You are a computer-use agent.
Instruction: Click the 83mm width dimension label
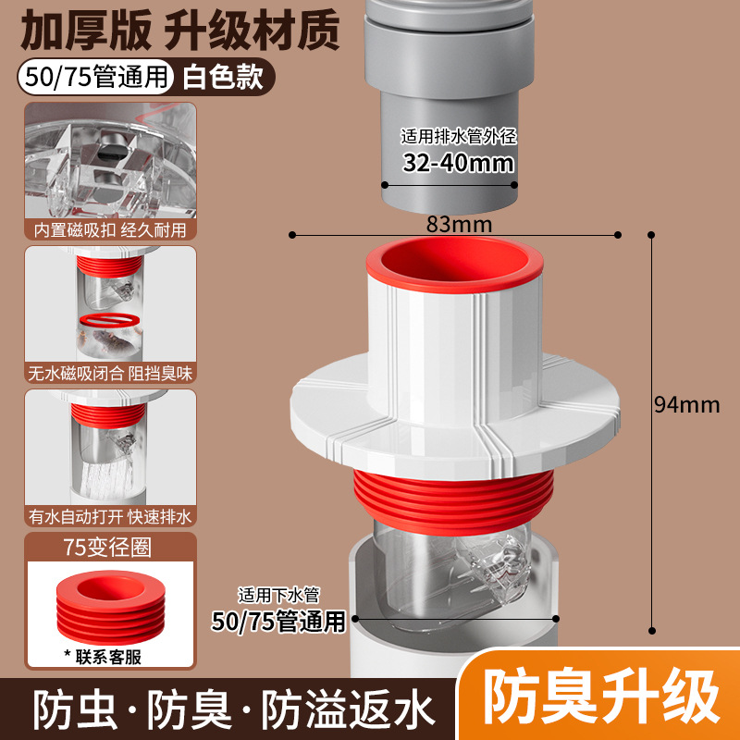[459, 224]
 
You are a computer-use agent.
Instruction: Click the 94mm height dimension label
[686, 405]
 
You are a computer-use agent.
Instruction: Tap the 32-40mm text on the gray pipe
[458, 163]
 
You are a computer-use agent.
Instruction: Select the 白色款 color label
[223, 77]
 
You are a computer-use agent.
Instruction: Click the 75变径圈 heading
[107, 548]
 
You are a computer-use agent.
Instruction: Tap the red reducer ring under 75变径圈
[111, 608]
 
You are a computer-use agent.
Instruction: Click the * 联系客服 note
[103, 657]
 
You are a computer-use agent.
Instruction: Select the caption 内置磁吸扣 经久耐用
[110, 229]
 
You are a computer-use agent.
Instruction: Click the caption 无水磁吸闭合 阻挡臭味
[110, 374]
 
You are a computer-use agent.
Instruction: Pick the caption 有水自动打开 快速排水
[110, 517]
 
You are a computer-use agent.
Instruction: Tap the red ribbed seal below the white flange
[453, 502]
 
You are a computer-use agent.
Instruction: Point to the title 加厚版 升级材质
[179, 31]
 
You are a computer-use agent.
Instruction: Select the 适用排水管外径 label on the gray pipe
[459, 136]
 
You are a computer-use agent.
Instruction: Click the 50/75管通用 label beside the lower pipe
[278, 621]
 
